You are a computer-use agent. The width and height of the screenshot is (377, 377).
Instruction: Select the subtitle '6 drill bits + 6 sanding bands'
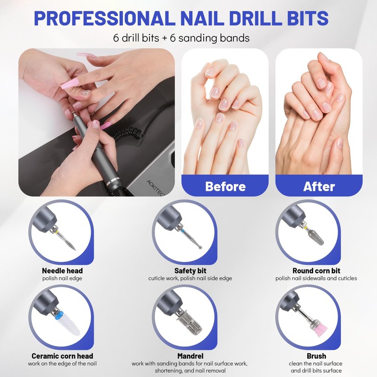[x=181, y=38]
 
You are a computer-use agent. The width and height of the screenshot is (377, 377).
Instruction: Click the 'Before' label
[x=225, y=186]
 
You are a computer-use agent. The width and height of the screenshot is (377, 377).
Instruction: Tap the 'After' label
[x=319, y=186]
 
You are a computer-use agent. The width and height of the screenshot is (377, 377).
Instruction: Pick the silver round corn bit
[x=316, y=237]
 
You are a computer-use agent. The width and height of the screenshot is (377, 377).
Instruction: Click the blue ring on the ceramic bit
[x=59, y=315]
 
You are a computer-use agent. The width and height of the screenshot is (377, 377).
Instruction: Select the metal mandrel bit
[x=190, y=323]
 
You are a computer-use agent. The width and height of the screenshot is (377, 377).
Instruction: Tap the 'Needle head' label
[x=62, y=270]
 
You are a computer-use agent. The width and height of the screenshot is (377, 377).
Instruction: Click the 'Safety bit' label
[x=190, y=270]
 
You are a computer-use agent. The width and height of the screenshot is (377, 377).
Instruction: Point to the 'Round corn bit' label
[x=316, y=270]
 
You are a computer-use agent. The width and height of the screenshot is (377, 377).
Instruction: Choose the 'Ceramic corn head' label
[x=62, y=356]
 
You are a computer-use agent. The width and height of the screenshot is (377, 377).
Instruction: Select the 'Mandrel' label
[x=190, y=356]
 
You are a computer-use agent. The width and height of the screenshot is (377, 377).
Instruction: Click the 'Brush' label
[x=316, y=356]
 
